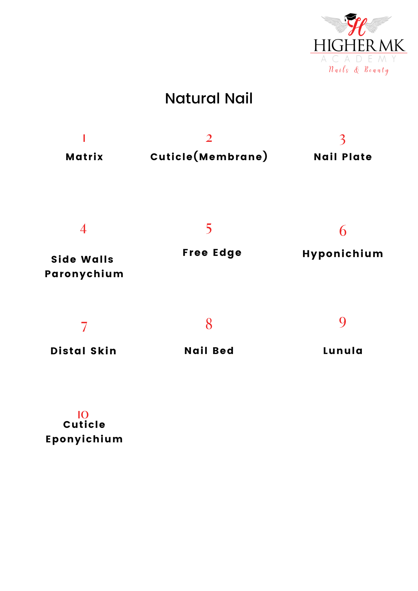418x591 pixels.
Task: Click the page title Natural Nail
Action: click(209, 98)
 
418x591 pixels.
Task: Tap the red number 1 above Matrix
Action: click(84, 138)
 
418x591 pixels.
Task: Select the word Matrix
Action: click(84, 157)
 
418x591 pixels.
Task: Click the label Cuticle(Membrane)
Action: click(209, 156)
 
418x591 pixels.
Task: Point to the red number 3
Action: click(342, 139)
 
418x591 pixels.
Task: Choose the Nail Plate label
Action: click(343, 157)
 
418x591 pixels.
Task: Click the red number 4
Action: click(83, 229)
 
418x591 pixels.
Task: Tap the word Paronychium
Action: click(84, 274)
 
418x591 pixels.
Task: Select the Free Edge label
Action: click(212, 253)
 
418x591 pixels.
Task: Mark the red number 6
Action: click(343, 231)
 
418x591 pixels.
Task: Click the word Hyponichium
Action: click(343, 254)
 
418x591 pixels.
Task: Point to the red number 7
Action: click(84, 327)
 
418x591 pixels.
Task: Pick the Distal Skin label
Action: click(84, 351)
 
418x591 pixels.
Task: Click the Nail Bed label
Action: click(209, 351)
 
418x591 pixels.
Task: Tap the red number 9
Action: click(343, 322)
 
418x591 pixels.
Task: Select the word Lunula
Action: click(343, 351)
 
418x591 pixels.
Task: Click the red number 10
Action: click(83, 415)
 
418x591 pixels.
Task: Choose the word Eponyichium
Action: click(84, 439)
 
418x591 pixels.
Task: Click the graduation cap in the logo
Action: click(351, 17)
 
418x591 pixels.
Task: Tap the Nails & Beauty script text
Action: click(359, 70)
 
